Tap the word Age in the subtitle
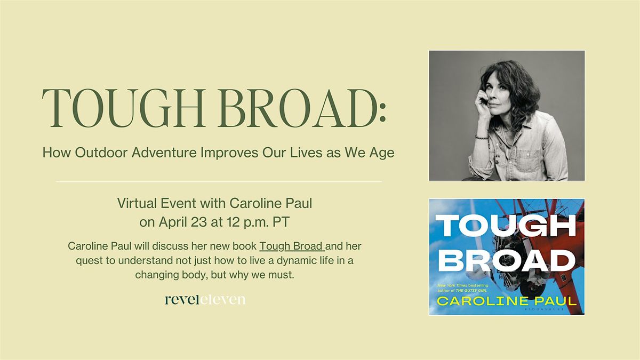tap(383, 153)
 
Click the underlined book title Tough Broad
tap(292, 246)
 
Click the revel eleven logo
tap(205, 300)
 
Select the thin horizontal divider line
tap(219, 182)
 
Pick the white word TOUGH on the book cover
tap(507, 226)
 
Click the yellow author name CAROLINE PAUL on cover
tap(506, 301)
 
